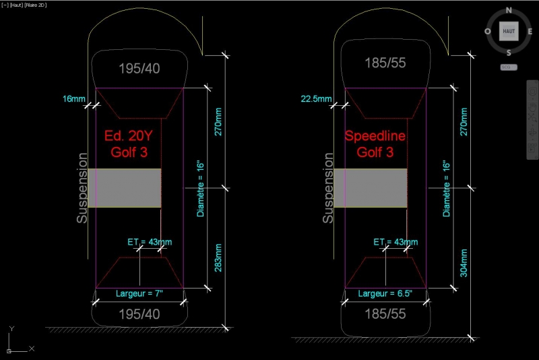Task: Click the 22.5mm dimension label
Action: (x=315, y=99)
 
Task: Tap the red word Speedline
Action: (x=375, y=136)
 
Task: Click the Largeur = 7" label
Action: (x=139, y=294)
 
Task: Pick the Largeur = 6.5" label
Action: (x=385, y=294)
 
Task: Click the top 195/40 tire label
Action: (x=139, y=68)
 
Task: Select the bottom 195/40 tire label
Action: (x=139, y=314)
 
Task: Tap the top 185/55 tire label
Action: (x=385, y=63)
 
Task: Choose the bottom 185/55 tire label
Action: (x=385, y=314)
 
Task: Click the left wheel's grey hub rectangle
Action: (x=127, y=188)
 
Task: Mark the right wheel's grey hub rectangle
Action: (x=375, y=188)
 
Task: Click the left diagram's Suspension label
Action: (x=82, y=188)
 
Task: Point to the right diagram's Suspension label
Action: (x=328, y=188)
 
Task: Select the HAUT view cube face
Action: (x=509, y=31)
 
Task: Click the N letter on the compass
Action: (x=509, y=10)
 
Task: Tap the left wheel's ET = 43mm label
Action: (x=150, y=241)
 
